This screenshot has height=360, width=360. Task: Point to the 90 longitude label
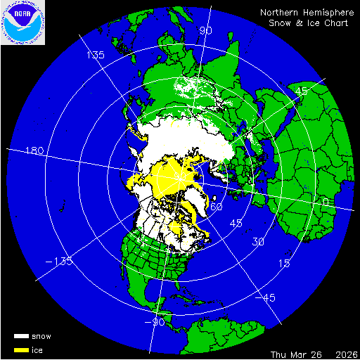(x=206, y=31)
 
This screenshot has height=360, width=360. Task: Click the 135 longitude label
(x=95, y=55)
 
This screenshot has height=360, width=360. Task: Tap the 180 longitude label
(x=34, y=151)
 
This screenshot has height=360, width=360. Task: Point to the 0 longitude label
(x=323, y=202)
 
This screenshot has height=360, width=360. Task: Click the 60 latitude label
(x=217, y=207)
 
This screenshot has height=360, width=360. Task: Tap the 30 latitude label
(x=259, y=241)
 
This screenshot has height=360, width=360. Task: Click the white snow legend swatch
(x=21, y=337)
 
